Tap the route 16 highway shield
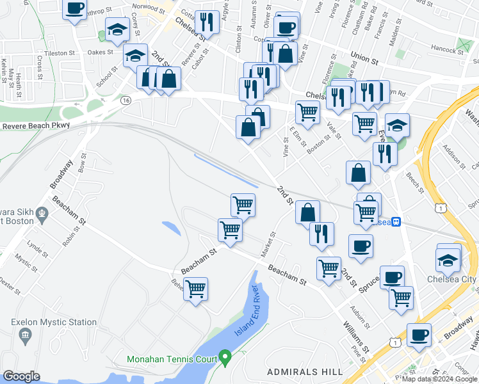click(126, 100)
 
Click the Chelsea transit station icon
click(397, 222)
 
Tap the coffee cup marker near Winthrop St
click(74, 9)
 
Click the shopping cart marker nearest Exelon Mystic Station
click(196, 289)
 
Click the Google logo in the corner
click(21, 376)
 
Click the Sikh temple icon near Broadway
click(42, 212)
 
